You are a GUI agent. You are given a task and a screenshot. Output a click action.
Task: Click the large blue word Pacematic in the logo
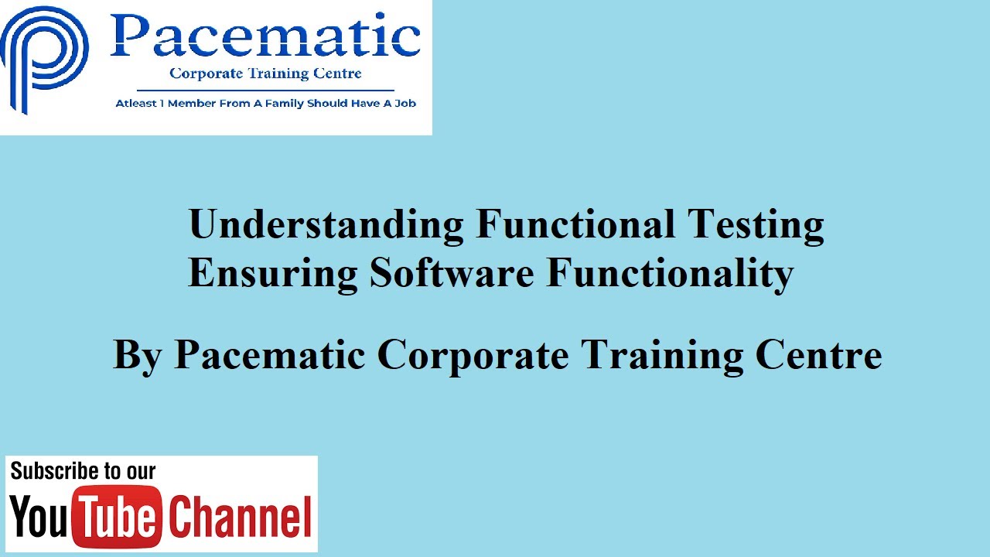[265, 36]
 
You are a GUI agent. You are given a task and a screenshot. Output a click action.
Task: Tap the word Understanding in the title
[326, 225]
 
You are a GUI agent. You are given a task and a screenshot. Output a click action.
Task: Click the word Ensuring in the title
[273, 273]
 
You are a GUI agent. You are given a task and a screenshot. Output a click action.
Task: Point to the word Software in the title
[452, 273]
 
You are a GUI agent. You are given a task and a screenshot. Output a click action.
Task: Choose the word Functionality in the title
[670, 273]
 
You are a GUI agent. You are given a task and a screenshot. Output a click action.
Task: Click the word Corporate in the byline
[473, 355]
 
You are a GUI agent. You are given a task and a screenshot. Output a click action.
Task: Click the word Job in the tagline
[406, 103]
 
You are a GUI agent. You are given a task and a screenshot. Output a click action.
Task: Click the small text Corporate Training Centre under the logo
[265, 74]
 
